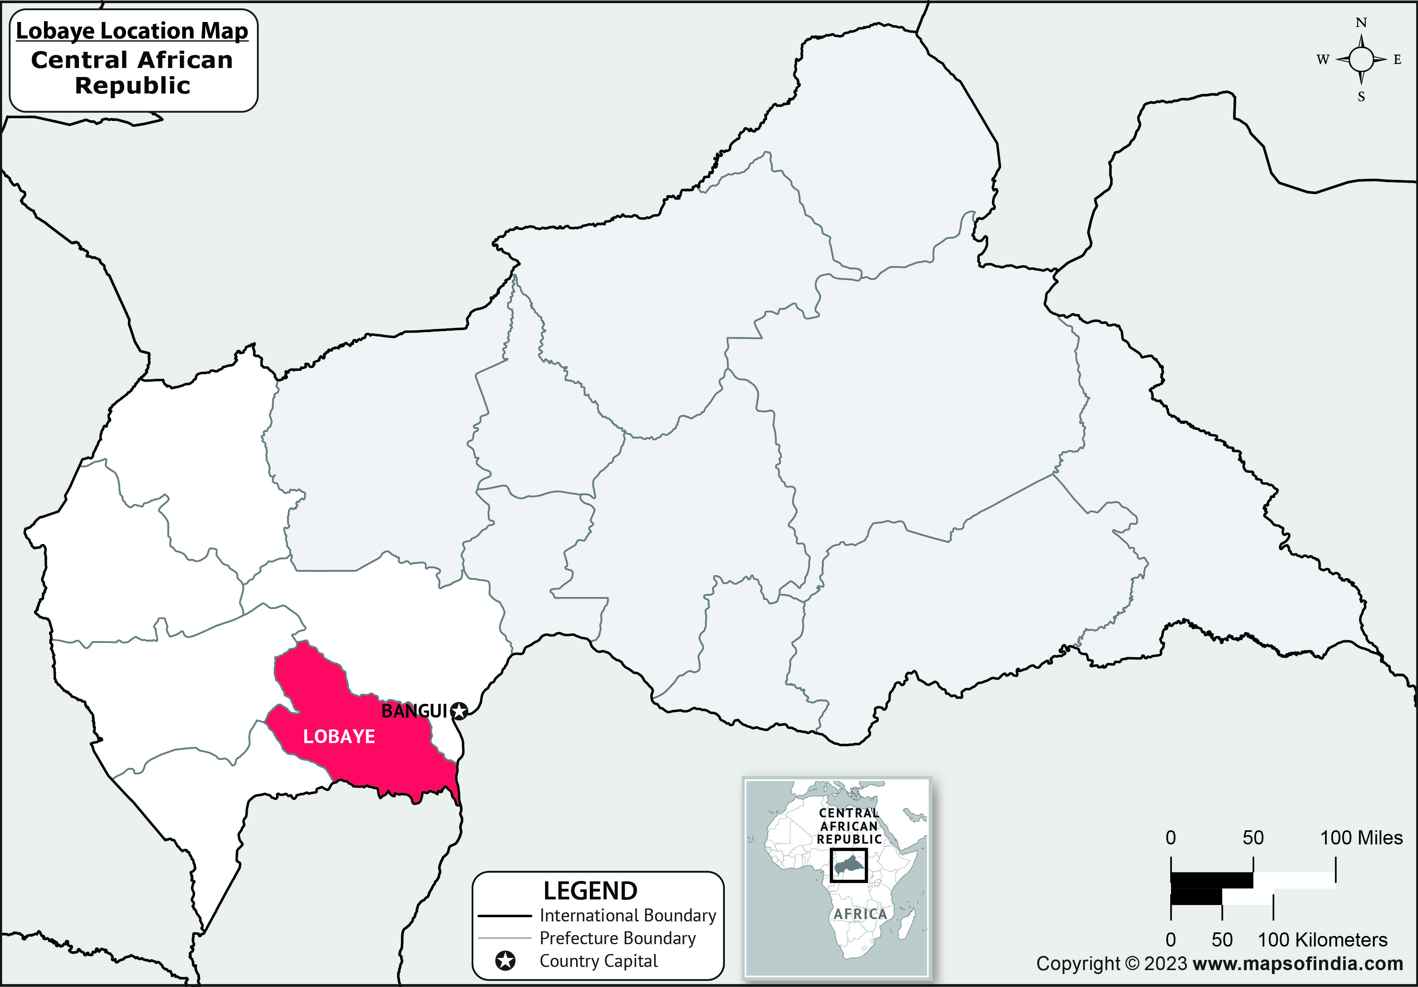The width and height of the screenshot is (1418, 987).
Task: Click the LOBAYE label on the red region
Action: tap(339, 736)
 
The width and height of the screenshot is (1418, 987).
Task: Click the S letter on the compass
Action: tap(1361, 97)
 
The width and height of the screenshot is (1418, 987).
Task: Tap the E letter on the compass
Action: tap(1398, 60)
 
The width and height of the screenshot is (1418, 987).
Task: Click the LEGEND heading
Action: tap(591, 891)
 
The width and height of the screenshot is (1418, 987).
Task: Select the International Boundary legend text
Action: tap(628, 916)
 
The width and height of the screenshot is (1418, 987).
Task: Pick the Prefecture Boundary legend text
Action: tap(618, 938)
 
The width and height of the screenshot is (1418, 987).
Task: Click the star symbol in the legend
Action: tap(506, 961)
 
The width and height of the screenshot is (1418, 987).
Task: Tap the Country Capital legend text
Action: tap(598, 961)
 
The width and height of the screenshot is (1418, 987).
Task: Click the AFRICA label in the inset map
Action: tap(860, 914)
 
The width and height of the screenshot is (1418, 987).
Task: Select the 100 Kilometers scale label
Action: tap(1322, 939)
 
